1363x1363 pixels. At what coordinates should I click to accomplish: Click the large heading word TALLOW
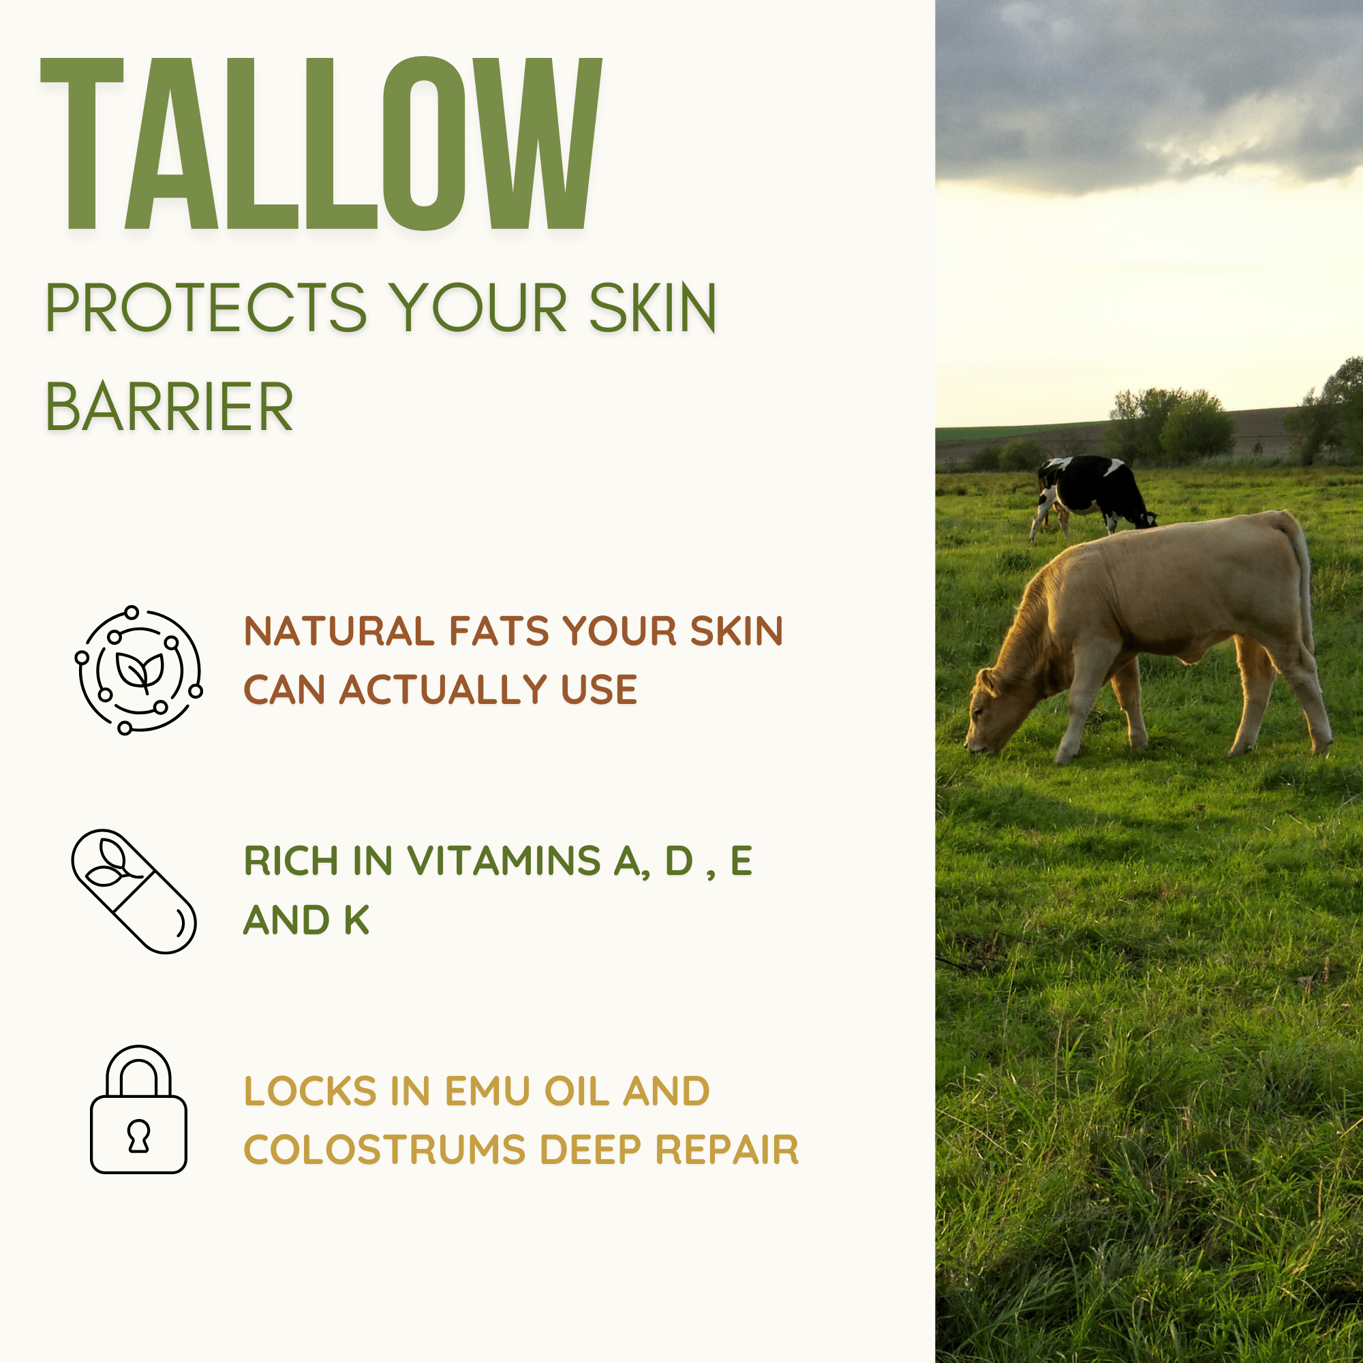click(321, 144)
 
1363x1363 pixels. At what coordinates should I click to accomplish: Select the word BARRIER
click(169, 407)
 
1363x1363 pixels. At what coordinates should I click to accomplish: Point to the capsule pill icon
click(134, 891)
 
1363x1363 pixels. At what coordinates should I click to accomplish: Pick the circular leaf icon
click(139, 669)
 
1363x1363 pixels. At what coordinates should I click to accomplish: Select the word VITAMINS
click(504, 861)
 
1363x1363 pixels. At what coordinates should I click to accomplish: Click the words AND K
click(306, 920)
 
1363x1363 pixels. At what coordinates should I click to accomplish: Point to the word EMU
click(487, 1091)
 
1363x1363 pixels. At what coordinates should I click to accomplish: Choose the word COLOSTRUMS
click(384, 1150)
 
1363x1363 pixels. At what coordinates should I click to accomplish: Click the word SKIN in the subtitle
click(653, 308)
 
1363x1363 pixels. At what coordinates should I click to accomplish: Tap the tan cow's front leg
click(1079, 713)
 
